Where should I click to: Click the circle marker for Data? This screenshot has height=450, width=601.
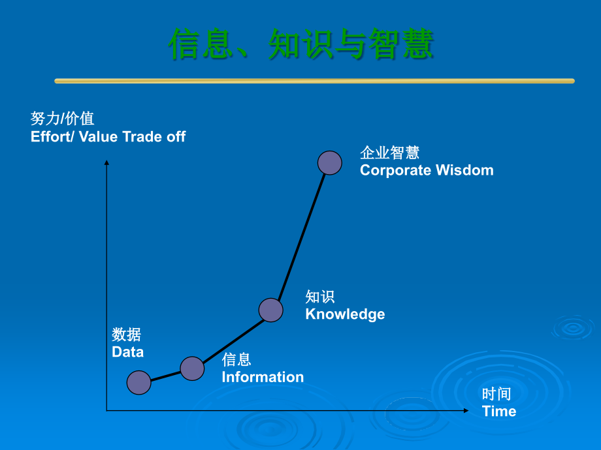pos(138,382)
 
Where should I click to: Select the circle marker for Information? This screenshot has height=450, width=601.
pos(192,368)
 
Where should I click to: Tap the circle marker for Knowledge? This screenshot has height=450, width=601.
pos(270,310)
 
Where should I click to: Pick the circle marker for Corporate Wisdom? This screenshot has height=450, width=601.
pos(330,163)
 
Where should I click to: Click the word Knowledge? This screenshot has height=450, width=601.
pos(345,314)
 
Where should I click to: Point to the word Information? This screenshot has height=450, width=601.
pos(263,377)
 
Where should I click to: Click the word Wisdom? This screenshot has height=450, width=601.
pos(464,170)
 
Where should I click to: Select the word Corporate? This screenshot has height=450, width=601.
pos(396,171)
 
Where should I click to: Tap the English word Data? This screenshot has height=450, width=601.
pos(127,352)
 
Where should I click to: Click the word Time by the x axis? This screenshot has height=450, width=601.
pos(499,411)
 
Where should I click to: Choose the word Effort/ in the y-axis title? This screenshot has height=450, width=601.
pos(52,136)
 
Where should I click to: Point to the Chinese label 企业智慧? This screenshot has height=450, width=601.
pos(390,153)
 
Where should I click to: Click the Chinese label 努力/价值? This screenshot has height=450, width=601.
pos(62,119)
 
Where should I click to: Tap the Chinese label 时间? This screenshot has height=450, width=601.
pos(496,394)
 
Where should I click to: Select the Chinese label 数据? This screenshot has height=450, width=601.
pos(127,335)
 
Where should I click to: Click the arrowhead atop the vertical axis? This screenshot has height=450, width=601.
pos(106,162)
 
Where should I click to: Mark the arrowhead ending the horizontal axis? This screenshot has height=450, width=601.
pos(466,411)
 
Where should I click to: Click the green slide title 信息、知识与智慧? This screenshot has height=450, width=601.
pos(301,44)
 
